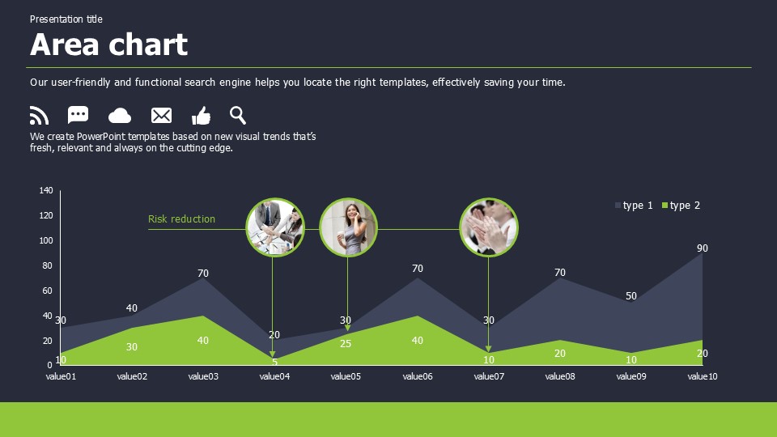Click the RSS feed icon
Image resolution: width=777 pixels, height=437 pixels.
tap(39, 116)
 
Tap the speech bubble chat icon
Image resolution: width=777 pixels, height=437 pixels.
tap(78, 114)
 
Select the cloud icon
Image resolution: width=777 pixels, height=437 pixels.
tap(120, 116)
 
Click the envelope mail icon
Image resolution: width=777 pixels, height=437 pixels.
tap(161, 116)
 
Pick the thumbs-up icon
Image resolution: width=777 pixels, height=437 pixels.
tap(202, 116)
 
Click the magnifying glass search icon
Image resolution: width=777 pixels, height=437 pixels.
tap(238, 116)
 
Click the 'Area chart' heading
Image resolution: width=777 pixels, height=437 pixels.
tap(109, 45)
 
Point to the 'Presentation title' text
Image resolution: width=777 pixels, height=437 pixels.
tap(66, 19)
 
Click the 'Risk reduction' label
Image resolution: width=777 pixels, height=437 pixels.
tap(181, 219)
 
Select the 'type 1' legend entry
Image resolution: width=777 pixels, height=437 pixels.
tap(634, 205)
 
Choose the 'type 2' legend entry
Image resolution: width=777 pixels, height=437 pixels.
tap(681, 205)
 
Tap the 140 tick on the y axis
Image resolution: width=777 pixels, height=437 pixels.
tap(46, 190)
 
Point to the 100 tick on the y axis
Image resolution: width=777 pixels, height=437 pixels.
tap(46, 240)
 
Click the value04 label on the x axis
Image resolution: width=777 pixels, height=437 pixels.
tap(274, 376)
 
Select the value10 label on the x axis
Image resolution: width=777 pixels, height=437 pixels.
tap(703, 376)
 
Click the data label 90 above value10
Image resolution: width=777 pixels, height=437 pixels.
tap(703, 248)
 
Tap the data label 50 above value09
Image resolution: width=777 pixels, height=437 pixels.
tap(631, 296)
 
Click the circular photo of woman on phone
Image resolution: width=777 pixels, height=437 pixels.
tap(348, 227)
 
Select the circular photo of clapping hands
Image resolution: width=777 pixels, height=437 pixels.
tap(489, 227)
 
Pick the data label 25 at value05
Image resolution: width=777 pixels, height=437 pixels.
tap(346, 343)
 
